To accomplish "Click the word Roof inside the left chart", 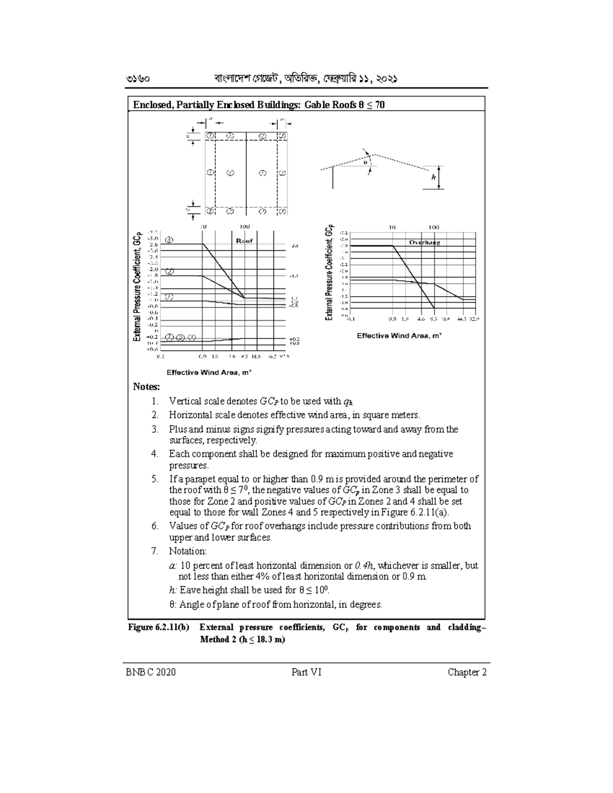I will [x=245, y=241].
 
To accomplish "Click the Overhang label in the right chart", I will [x=425, y=243].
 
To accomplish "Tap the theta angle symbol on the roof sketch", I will [x=365, y=163].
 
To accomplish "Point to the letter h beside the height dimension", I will [x=434, y=178].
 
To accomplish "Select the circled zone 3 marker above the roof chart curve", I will [x=169, y=239].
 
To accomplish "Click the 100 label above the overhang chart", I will [x=434, y=227].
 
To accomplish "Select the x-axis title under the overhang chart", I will [x=399, y=335].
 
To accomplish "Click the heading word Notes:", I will [x=147, y=387].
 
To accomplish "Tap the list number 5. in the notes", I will [x=155, y=479].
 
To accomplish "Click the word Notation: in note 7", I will [x=188, y=551].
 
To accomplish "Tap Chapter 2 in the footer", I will [x=467, y=672].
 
